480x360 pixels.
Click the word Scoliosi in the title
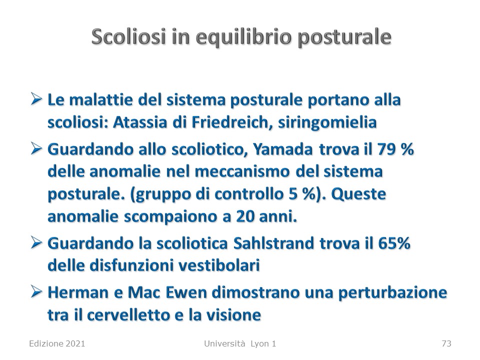[129, 36]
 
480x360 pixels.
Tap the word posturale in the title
[344, 38]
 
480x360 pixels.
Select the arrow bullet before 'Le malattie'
[36, 99]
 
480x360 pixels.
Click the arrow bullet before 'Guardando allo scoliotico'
[36, 149]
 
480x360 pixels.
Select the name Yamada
[283, 150]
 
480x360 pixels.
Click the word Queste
[358, 194]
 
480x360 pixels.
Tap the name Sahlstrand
[273, 243]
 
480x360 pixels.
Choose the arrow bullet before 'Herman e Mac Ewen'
[36, 292]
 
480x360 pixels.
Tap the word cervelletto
[128, 315]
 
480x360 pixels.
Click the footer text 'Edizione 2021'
[57, 344]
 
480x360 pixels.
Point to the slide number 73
[446, 344]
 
